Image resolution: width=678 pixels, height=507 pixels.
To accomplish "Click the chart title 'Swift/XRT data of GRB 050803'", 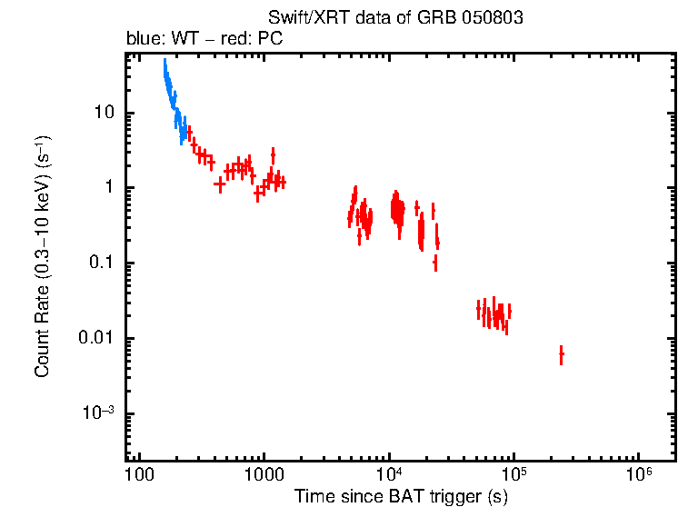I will pyautogui.click(x=395, y=18).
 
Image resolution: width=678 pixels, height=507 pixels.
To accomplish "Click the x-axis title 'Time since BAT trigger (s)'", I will pyautogui.click(x=401, y=496).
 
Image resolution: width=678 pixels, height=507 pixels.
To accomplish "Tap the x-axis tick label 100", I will pyautogui.click(x=139, y=475).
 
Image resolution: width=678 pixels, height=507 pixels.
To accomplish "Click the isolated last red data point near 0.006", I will pyautogui.click(x=561, y=354).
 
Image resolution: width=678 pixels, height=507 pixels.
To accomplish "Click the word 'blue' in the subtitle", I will pyautogui.click(x=141, y=41).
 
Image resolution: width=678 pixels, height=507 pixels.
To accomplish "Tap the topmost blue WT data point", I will pyautogui.click(x=165, y=62).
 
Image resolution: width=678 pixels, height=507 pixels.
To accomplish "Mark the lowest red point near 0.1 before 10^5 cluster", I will pyautogui.click(x=435, y=263).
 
